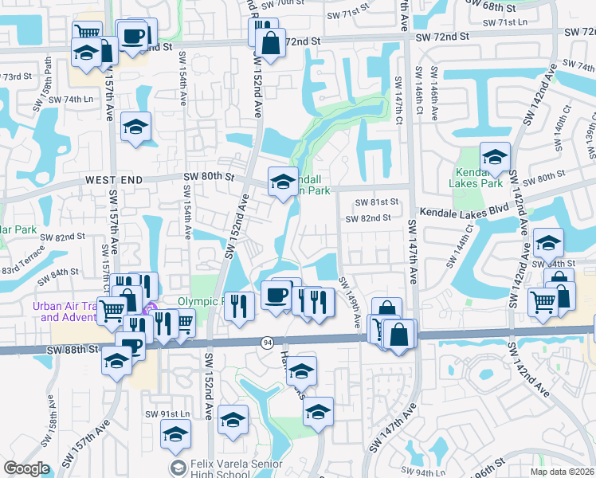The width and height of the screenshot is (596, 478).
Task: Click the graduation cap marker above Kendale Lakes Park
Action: click(495, 159)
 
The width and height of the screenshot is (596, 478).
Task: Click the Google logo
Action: click(26, 468)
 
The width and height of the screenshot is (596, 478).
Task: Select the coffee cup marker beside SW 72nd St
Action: click(134, 37)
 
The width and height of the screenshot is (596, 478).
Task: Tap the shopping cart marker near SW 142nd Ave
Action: click(543, 302)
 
